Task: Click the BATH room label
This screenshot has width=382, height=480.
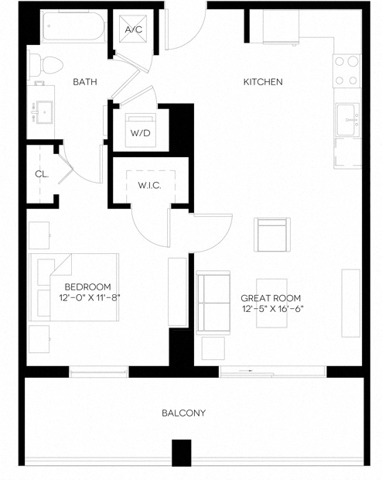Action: coord(84,81)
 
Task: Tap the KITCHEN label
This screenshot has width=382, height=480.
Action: coord(263,81)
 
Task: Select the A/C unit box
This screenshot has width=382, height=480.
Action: coord(134,29)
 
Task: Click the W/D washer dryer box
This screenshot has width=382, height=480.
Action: coord(140,132)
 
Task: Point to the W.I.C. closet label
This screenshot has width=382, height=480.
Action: coord(149,186)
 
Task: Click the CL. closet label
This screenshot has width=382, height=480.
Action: coord(41,174)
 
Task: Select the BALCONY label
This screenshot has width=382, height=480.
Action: coord(183,413)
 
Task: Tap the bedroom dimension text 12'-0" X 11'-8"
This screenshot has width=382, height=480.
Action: coord(89,297)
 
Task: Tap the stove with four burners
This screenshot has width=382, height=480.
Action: coord(347,70)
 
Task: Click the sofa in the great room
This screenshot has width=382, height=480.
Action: coord(213,303)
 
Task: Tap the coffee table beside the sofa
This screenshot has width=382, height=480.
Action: coord(271,302)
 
